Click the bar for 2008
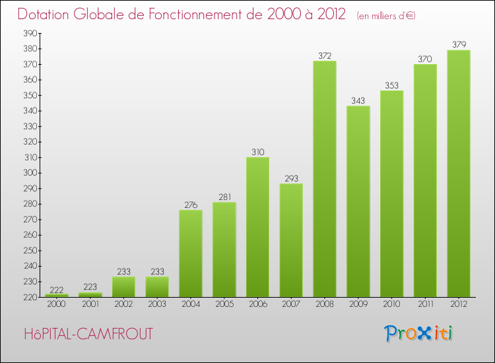(x=325, y=178)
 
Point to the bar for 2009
(x=358, y=201)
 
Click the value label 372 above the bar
(x=325, y=55)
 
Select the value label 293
(x=291, y=178)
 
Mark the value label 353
(x=391, y=85)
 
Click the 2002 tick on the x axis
(x=123, y=304)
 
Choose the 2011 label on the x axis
(x=425, y=304)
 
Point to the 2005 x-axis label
(x=224, y=304)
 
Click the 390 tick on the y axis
(x=30, y=34)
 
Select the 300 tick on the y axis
(x=30, y=173)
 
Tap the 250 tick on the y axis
(x=30, y=251)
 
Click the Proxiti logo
(x=419, y=333)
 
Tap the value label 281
(x=224, y=197)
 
